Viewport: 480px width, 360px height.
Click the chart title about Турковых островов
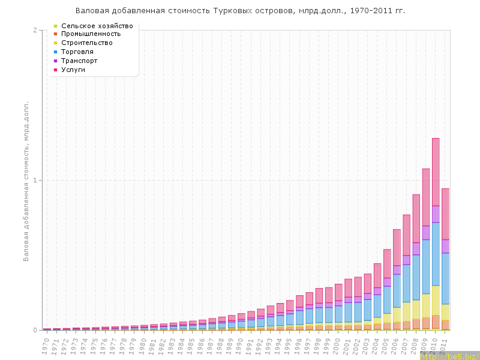(x=240, y=11)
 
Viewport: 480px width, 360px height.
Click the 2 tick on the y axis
(x=35, y=30)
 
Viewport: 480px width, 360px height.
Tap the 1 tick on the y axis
(x=35, y=180)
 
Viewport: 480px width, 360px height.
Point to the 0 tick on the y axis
(x=35, y=330)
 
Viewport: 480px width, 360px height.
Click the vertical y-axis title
(x=26, y=181)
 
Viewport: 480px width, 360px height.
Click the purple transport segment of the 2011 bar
(x=445, y=246)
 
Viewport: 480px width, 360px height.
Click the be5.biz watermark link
(x=450, y=356)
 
